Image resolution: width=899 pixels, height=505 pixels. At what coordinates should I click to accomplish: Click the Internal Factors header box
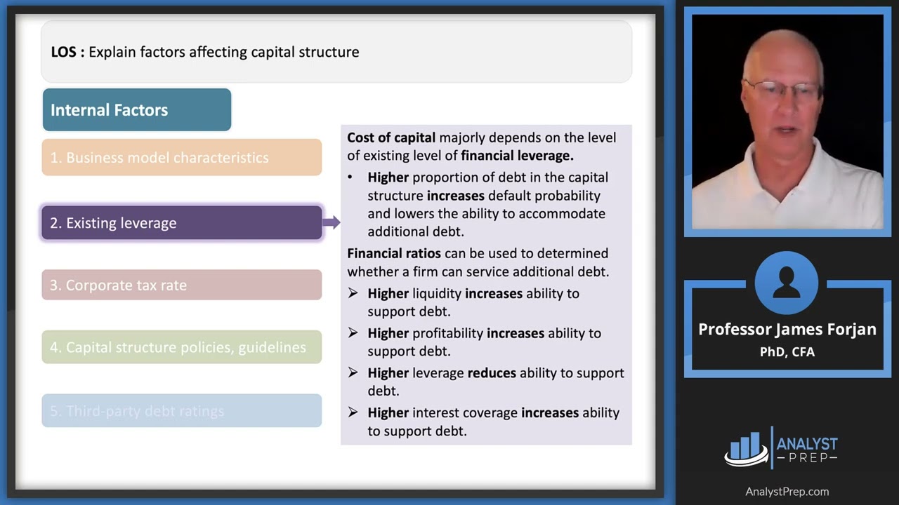[x=136, y=110]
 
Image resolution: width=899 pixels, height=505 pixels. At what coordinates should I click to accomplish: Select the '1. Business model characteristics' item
[x=181, y=158]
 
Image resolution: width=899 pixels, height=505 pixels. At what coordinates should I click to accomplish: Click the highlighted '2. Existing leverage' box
[x=181, y=223]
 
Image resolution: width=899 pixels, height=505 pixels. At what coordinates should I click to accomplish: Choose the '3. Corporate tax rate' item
[x=181, y=285]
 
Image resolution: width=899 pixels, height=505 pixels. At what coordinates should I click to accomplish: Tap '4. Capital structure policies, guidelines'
[x=181, y=347]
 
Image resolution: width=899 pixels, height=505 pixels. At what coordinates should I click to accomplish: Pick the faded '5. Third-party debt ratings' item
[x=181, y=411]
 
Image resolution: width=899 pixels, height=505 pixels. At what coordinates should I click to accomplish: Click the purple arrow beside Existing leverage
[x=331, y=223]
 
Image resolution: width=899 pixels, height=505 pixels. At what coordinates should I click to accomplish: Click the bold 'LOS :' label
[x=67, y=52]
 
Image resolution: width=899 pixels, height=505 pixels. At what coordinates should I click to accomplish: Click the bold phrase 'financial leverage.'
[x=517, y=156]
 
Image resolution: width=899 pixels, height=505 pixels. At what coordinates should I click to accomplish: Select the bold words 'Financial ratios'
[x=394, y=253]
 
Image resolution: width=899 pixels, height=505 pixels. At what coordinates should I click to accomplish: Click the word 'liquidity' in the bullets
[x=437, y=293]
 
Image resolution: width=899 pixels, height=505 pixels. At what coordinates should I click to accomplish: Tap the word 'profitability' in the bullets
[x=448, y=333]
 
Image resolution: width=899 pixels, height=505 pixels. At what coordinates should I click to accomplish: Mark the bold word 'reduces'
[x=492, y=373]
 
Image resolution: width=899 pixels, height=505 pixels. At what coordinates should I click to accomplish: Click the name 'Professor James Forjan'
[x=787, y=330]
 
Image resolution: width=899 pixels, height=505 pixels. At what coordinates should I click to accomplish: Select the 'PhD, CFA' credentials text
[x=787, y=352]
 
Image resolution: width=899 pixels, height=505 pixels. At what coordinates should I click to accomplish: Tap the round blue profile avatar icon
[x=787, y=283]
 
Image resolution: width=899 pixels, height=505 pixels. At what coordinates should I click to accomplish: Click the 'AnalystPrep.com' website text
[x=787, y=492]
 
